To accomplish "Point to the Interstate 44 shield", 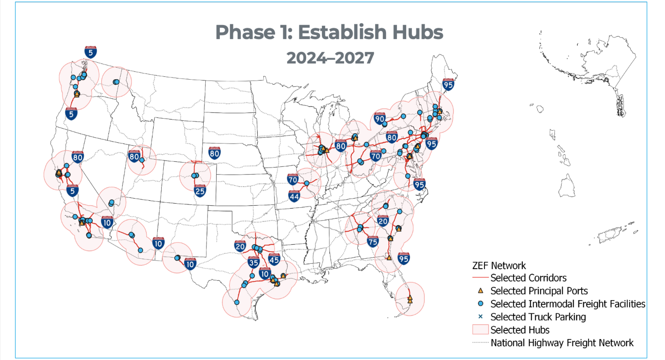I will [x=294, y=196].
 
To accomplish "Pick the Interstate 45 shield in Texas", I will [x=274, y=259].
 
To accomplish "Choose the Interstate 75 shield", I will [x=373, y=241].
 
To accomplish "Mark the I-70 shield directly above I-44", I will [x=293, y=179].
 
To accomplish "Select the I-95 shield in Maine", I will [x=448, y=85].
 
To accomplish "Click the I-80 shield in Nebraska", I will [x=214, y=153].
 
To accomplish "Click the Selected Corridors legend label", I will [x=528, y=278].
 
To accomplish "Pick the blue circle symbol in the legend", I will [x=480, y=304].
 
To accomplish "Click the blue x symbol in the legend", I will [x=480, y=317].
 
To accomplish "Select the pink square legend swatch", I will [x=480, y=330].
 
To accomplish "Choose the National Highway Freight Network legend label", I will [x=562, y=343].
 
